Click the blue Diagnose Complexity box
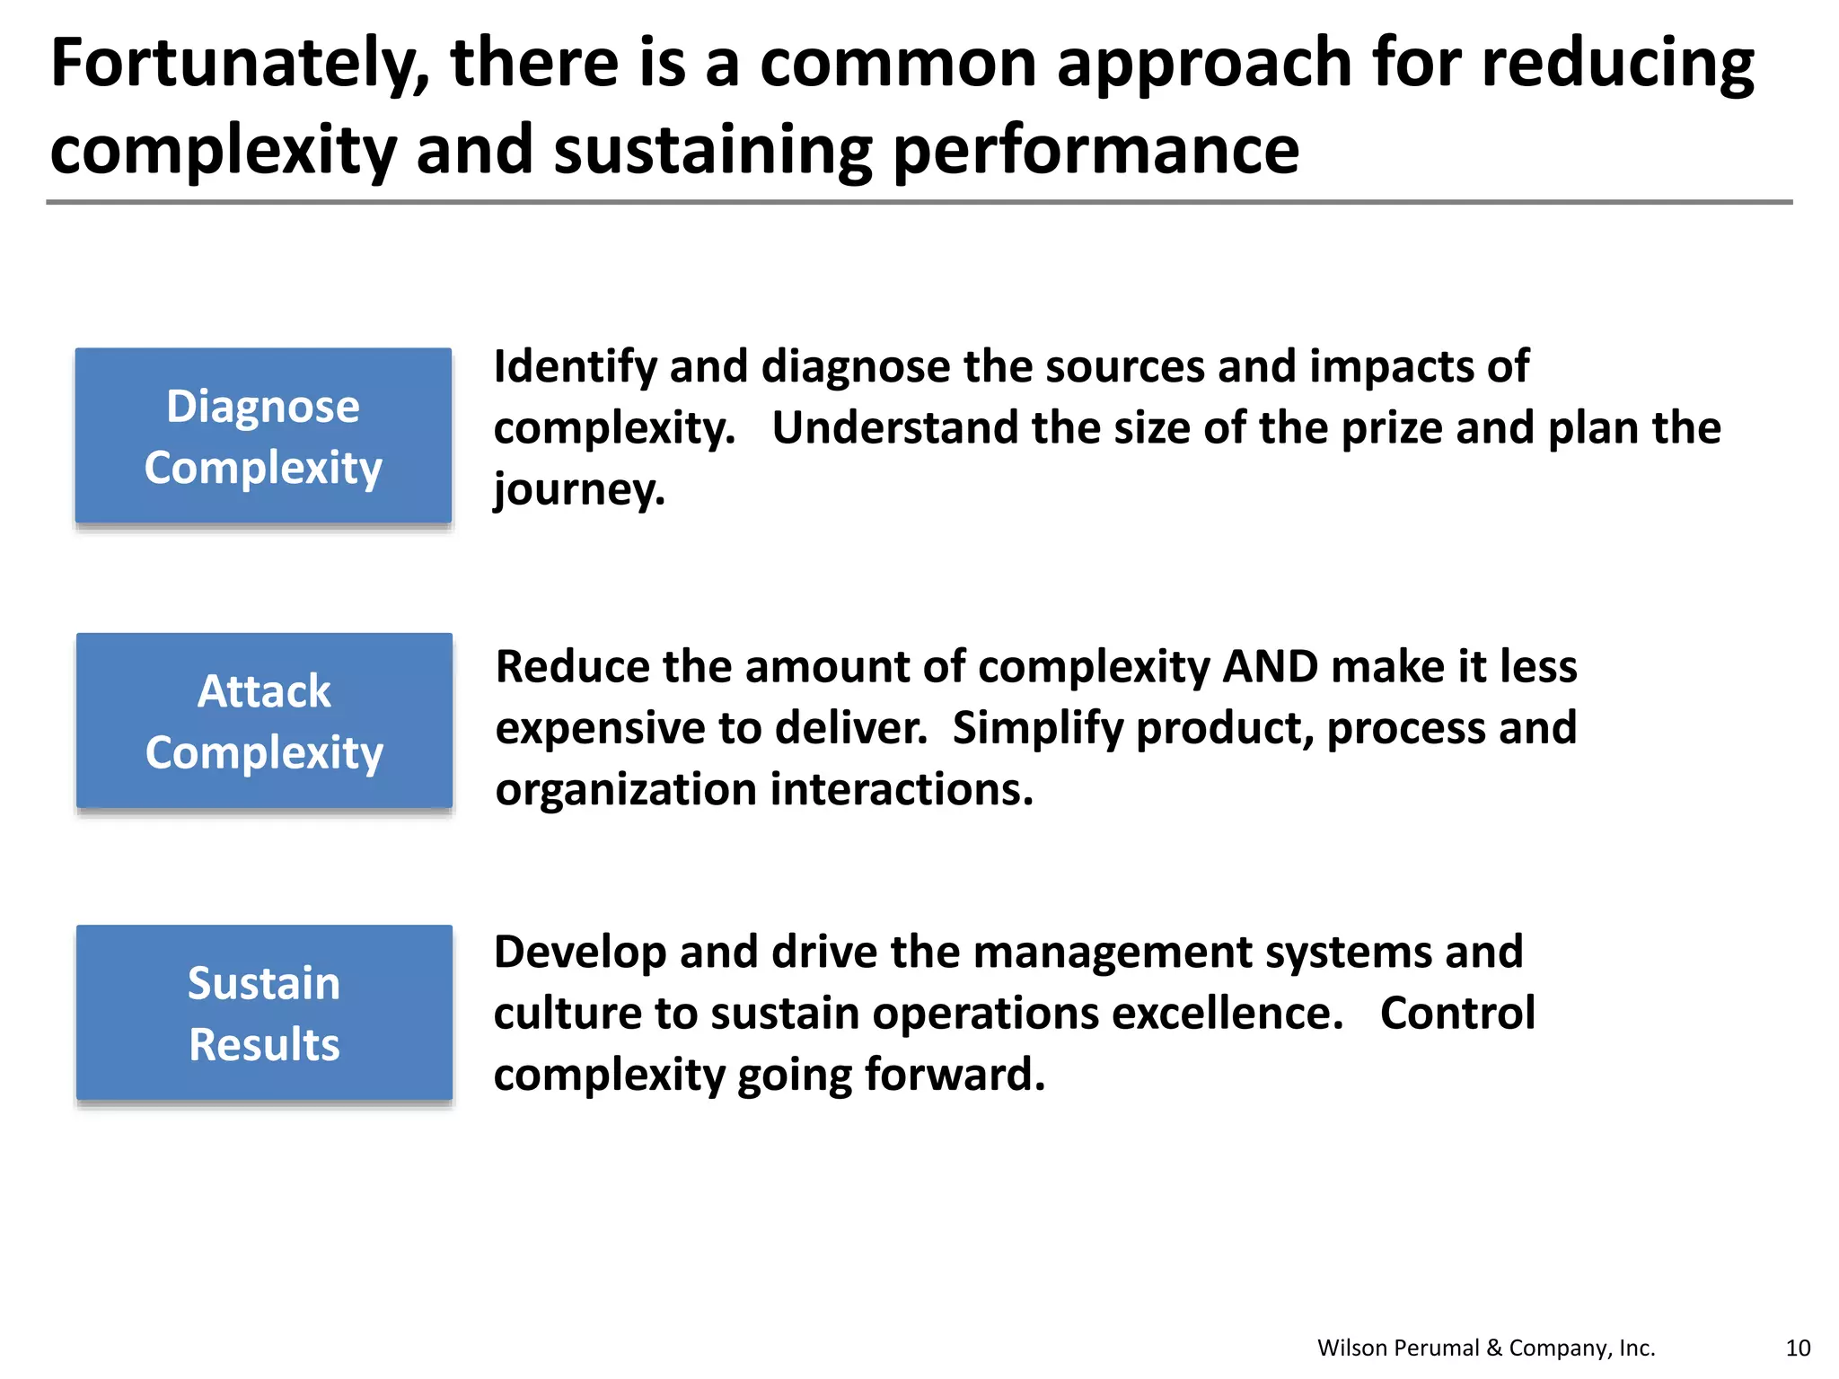tap(263, 436)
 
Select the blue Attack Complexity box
tap(264, 721)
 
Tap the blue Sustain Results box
tap(264, 1013)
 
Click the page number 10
tap(1798, 1348)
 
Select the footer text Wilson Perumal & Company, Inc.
tap(1486, 1348)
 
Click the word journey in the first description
tap(578, 490)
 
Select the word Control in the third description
tap(1457, 1014)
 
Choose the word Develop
tap(579, 953)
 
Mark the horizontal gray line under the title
tap(919, 202)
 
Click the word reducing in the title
tap(1617, 65)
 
